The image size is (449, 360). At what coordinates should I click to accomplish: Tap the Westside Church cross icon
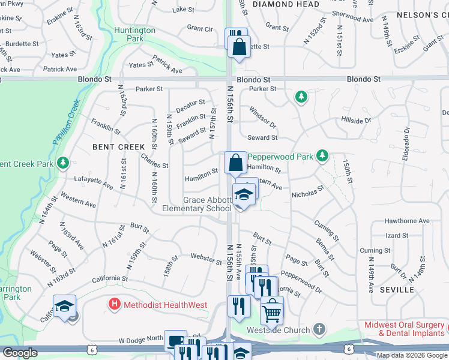click(x=319, y=329)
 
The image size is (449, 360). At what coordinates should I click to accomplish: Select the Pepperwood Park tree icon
click(x=322, y=156)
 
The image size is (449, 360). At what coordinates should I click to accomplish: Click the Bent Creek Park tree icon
click(x=63, y=163)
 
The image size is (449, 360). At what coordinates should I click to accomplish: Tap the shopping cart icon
click(x=272, y=311)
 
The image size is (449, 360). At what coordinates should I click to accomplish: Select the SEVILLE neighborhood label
click(x=397, y=290)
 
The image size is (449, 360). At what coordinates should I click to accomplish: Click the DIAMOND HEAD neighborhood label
click(x=277, y=4)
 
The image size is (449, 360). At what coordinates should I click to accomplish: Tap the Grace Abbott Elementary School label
click(x=197, y=204)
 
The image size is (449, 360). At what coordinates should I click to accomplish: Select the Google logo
click(x=19, y=353)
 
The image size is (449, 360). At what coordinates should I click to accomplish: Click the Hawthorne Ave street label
click(x=408, y=221)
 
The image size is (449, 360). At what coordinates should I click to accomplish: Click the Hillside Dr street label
click(x=356, y=120)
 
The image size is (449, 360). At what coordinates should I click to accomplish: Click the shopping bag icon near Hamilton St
click(x=235, y=163)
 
